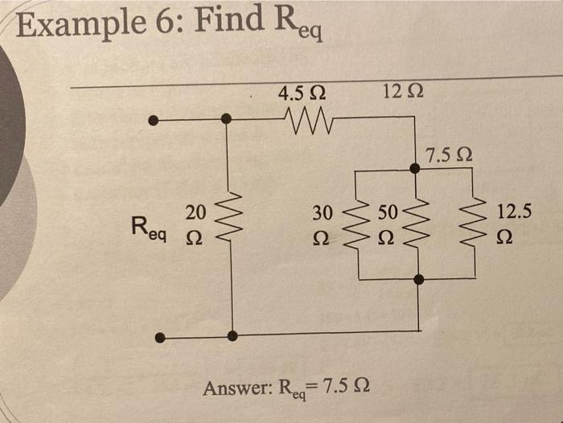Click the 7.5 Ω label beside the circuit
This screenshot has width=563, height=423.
pos(450,154)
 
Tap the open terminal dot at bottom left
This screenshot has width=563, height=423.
pos(160,338)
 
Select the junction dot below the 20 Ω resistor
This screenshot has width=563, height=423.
pos(232,335)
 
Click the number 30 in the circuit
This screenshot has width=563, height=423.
pos(322,213)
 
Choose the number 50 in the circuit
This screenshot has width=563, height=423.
pos(388,213)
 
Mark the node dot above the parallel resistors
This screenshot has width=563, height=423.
pos(414,168)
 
